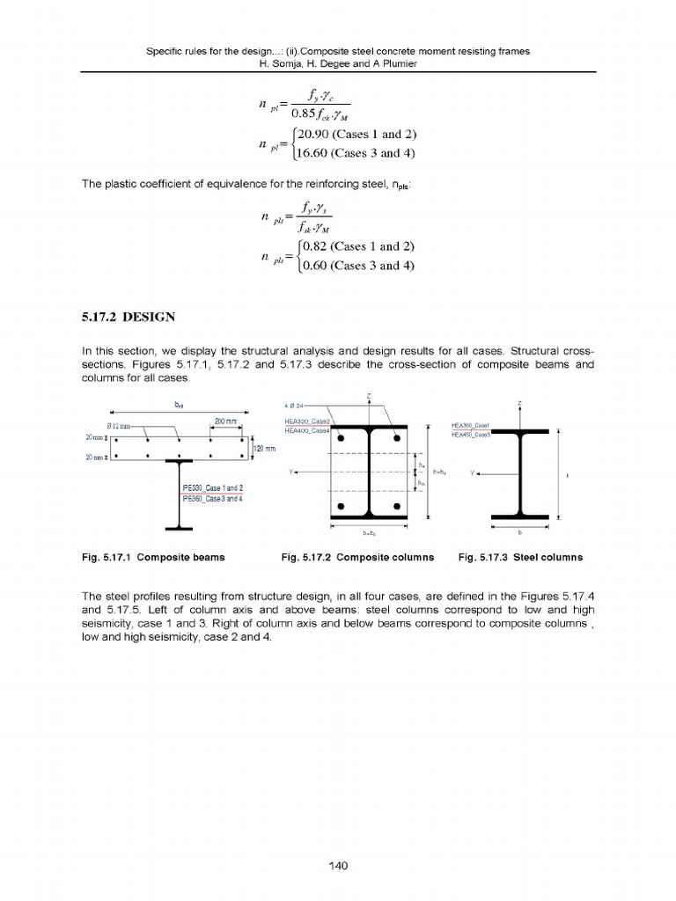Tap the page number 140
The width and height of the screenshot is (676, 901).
(338, 866)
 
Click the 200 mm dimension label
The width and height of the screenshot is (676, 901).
(225, 422)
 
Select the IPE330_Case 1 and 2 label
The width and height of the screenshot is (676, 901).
(212, 488)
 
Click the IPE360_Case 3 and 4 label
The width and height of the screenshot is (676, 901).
(212, 498)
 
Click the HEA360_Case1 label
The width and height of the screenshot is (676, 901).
(470, 426)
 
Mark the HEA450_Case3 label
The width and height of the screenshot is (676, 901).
(470, 435)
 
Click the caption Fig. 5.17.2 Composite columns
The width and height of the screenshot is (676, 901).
(357, 558)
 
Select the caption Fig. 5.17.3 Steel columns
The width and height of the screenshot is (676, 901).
(520, 558)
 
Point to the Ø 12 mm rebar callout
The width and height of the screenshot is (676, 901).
(118, 426)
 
